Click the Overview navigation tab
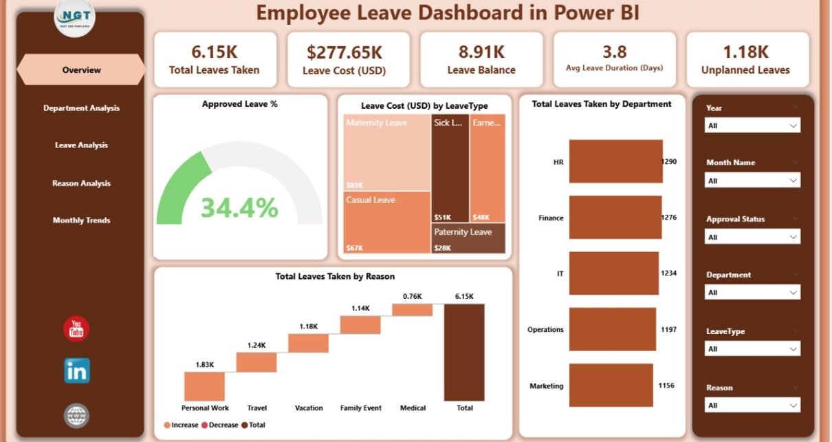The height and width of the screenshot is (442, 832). pyautogui.click(x=81, y=70)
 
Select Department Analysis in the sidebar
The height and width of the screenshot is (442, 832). pyautogui.click(x=81, y=108)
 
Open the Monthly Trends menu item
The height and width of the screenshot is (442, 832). pyautogui.click(x=81, y=220)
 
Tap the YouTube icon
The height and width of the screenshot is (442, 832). pyautogui.click(x=76, y=328)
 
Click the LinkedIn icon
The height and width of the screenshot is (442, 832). pyautogui.click(x=76, y=371)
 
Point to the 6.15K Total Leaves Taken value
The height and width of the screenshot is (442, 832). pyautogui.click(x=214, y=52)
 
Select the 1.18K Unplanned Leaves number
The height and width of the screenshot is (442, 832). pyautogui.click(x=745, y=52)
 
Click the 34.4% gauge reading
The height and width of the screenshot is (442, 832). pyautogui.click(x=239, y=207)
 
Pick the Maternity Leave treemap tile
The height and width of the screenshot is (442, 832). pyautogui.click(x=387, y=152)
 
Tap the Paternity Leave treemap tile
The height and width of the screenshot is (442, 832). pyautogui.click(x=468, y=238)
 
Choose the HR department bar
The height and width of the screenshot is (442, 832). pyautogui.click(x=616, y=161)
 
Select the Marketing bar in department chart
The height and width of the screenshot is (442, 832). pyautogui.click(x=611, y=386)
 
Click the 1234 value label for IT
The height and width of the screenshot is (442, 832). pyautogui.click(x=668, y=273)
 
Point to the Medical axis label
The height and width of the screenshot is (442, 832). pyautogui.click(x=413, y=408)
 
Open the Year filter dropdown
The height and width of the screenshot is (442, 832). pyautogui.click(x=752, y=125)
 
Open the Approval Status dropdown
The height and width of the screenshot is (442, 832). pyautogui.click(x=752, y=237)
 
